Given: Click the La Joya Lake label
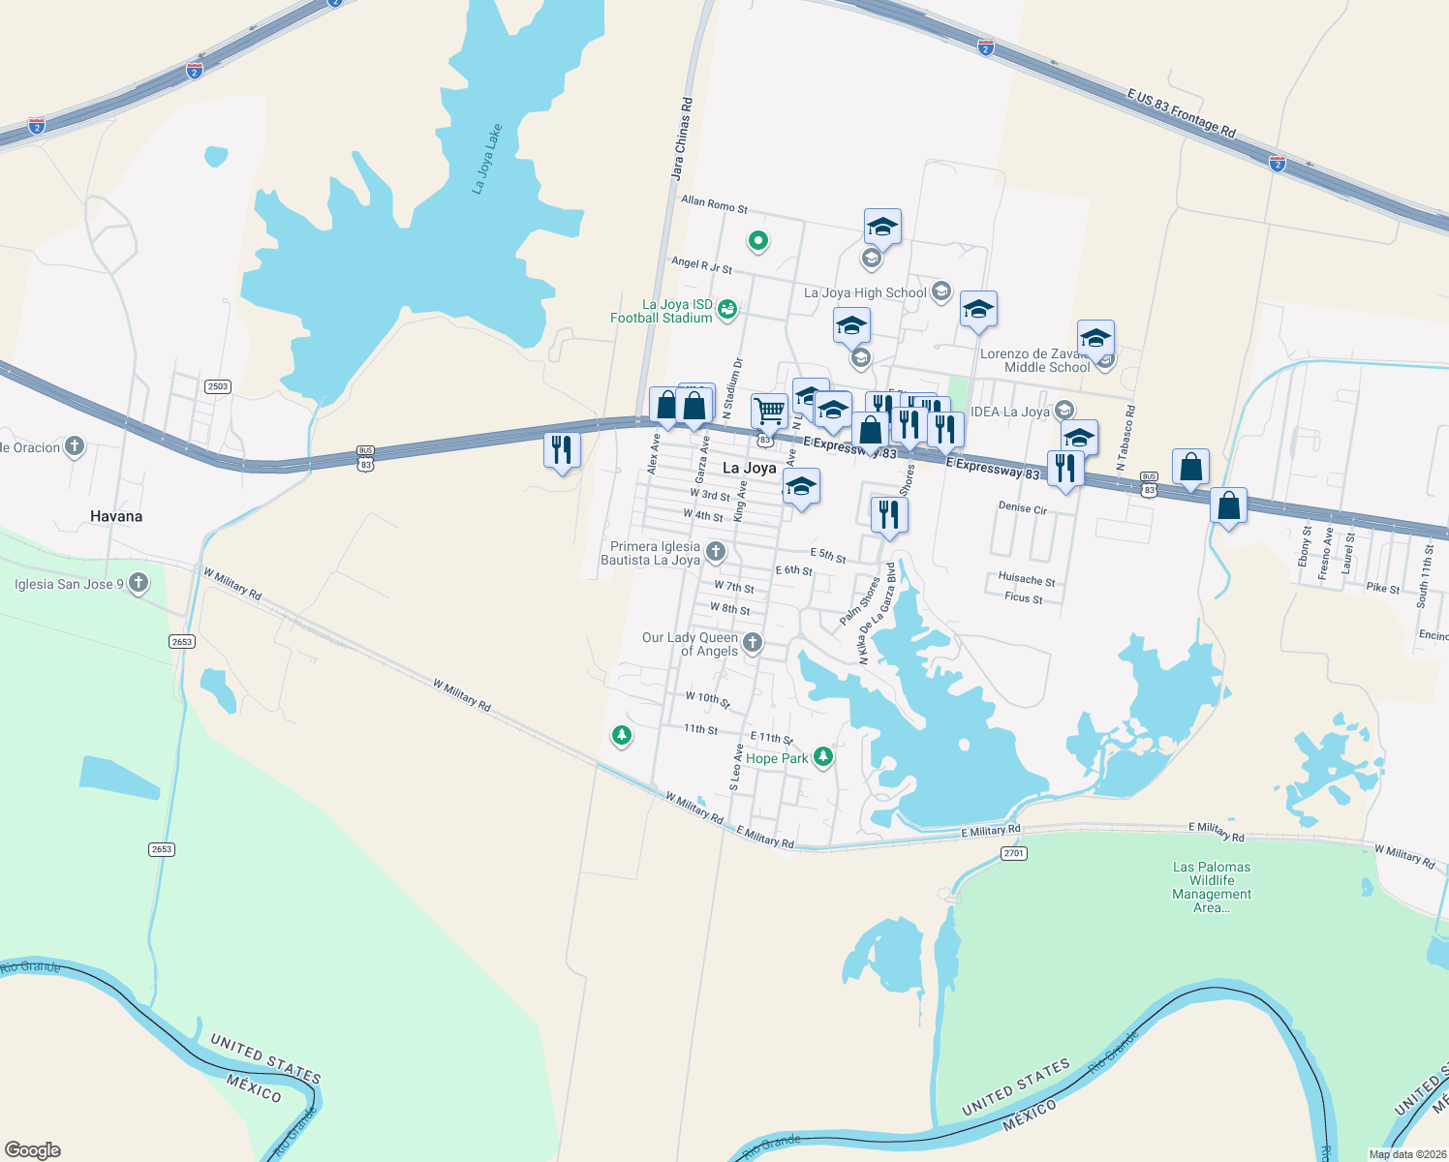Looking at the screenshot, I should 487,159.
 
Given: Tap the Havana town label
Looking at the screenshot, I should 116,516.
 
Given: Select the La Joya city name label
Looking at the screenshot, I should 750,468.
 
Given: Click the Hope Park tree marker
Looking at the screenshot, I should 823,756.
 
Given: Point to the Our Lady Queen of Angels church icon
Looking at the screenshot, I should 752,641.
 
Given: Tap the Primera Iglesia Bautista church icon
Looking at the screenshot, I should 716,552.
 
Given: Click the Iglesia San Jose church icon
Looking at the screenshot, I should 139,582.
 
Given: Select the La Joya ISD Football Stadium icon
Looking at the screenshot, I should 727,309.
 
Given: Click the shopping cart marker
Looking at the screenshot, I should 769,411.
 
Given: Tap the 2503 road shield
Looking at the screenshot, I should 217,386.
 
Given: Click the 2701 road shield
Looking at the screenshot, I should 1013,853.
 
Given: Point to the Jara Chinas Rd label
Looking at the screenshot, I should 683,138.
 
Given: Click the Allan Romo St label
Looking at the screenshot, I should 715,203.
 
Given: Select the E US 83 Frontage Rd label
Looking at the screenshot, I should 1182,113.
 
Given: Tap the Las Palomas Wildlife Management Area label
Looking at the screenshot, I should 1212,887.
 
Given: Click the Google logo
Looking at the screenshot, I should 33,1149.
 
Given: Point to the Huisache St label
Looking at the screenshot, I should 1027,579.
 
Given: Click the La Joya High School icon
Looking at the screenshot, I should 940,291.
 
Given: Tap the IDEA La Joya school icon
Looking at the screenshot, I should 1064,411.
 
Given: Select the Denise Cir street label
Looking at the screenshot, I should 1023,507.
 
